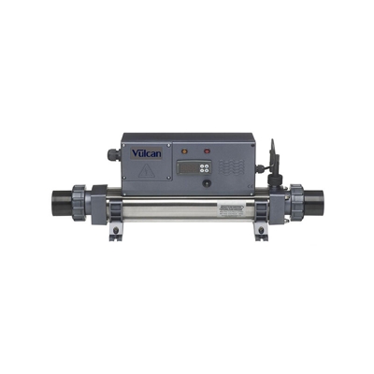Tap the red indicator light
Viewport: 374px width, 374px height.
(207, 148)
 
